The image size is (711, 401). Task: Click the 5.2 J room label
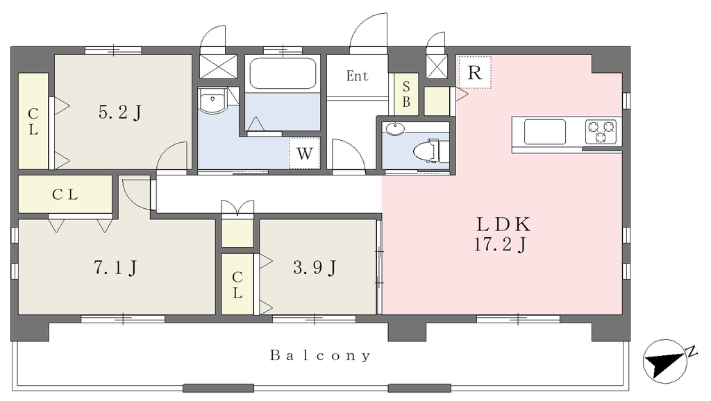tap(120, 112)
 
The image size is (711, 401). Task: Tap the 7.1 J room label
tap(115, 268)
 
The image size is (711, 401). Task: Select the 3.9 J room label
tap(315, 268)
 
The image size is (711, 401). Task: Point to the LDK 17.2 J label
tap(503, 234)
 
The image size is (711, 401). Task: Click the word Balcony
tap(320, 355)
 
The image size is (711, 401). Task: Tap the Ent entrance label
tap(357, 76)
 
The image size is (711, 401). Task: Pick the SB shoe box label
tap(405, 94)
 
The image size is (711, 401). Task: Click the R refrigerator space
tap(474, 72)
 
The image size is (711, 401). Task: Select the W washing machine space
tap(305, 153)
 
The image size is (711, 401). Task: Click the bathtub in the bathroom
tap(283, 74)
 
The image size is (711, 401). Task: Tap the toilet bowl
tap(427, 151)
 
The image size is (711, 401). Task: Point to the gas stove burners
tap(601, 131)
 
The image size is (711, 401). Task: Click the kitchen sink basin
tap(545, 131)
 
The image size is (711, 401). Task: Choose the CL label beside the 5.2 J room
tap(33, 121)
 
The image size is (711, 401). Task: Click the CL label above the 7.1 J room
tap(65, 194)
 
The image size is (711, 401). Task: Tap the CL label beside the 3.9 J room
tap(237, 284)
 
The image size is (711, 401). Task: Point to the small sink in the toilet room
tap(396, 129)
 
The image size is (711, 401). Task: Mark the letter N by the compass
tap(692, 351)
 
